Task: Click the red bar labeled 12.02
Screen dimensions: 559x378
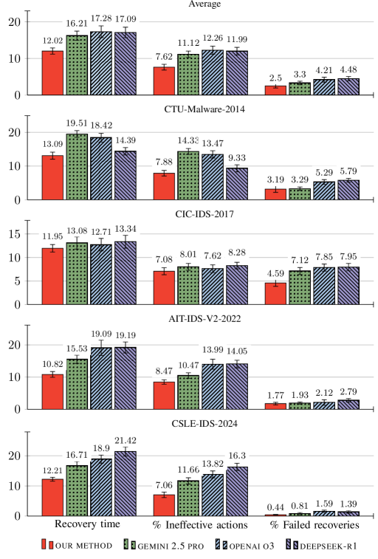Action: pos(52,73)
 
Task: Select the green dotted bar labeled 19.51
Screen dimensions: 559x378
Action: pos(77,168)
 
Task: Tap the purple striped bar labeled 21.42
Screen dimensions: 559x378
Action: pos(126,484)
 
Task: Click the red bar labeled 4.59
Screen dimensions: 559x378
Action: pos(275,293)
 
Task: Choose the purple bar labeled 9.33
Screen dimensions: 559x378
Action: pos(237,184)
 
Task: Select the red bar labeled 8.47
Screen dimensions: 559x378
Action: pos(164,395)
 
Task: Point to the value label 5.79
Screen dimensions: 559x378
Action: pos(348,171)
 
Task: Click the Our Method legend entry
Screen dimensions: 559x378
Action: pos(78,545)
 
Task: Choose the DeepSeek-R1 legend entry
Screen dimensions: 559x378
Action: pos(325,545)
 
